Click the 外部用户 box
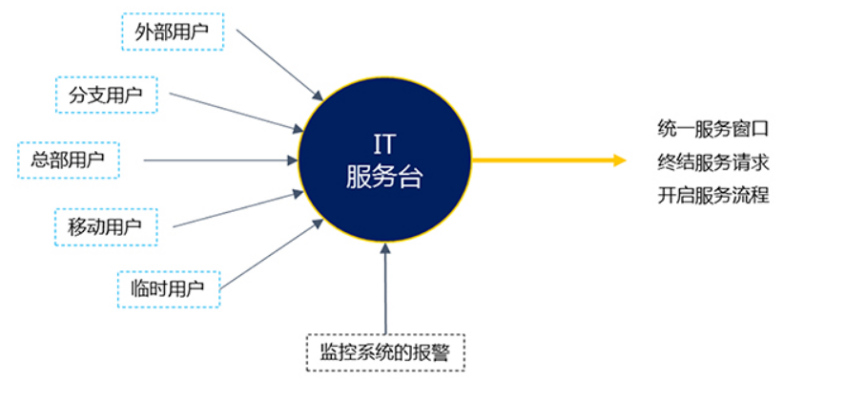(x=173, y=31)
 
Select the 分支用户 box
(x=106, y=95)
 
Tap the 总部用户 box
(x=69, y=160)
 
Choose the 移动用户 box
(x=106, y=226)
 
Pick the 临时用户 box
(x=169, y=288)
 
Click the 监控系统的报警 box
(x=385, y=352)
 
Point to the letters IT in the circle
(x=384, y=145)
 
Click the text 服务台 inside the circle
(x=384, y=177)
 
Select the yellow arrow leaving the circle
(x=549, y=160)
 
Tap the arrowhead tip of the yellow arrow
(x=627, y=160)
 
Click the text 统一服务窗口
(x=712, y=129)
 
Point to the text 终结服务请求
(x=713, y=161)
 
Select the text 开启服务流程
(x=713, y=195)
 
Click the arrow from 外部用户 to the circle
(x=279, y=65)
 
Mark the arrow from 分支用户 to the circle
(x=237, y=113)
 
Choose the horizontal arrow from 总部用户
(x=220, y=160)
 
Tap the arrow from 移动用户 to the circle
(x=238, y=208)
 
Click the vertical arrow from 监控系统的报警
(x=385, y=288)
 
